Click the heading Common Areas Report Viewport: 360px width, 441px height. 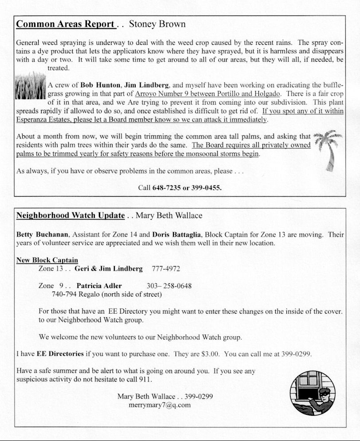tap(65, 24)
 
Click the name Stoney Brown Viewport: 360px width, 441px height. tap(157, 24)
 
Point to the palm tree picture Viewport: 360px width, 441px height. tap(328, 149)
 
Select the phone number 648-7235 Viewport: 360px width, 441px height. tap(166, 188)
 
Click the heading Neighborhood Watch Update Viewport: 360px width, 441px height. tap(70, 216)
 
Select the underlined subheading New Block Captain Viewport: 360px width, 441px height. tap(47, 260)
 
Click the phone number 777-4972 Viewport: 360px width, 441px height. tap(166, 269)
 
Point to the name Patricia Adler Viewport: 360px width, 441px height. tap(99, 286)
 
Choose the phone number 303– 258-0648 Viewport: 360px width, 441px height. tap(169, 286)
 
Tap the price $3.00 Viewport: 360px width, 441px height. tap(211, 354)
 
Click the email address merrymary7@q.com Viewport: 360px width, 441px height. tap(160, 405)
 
